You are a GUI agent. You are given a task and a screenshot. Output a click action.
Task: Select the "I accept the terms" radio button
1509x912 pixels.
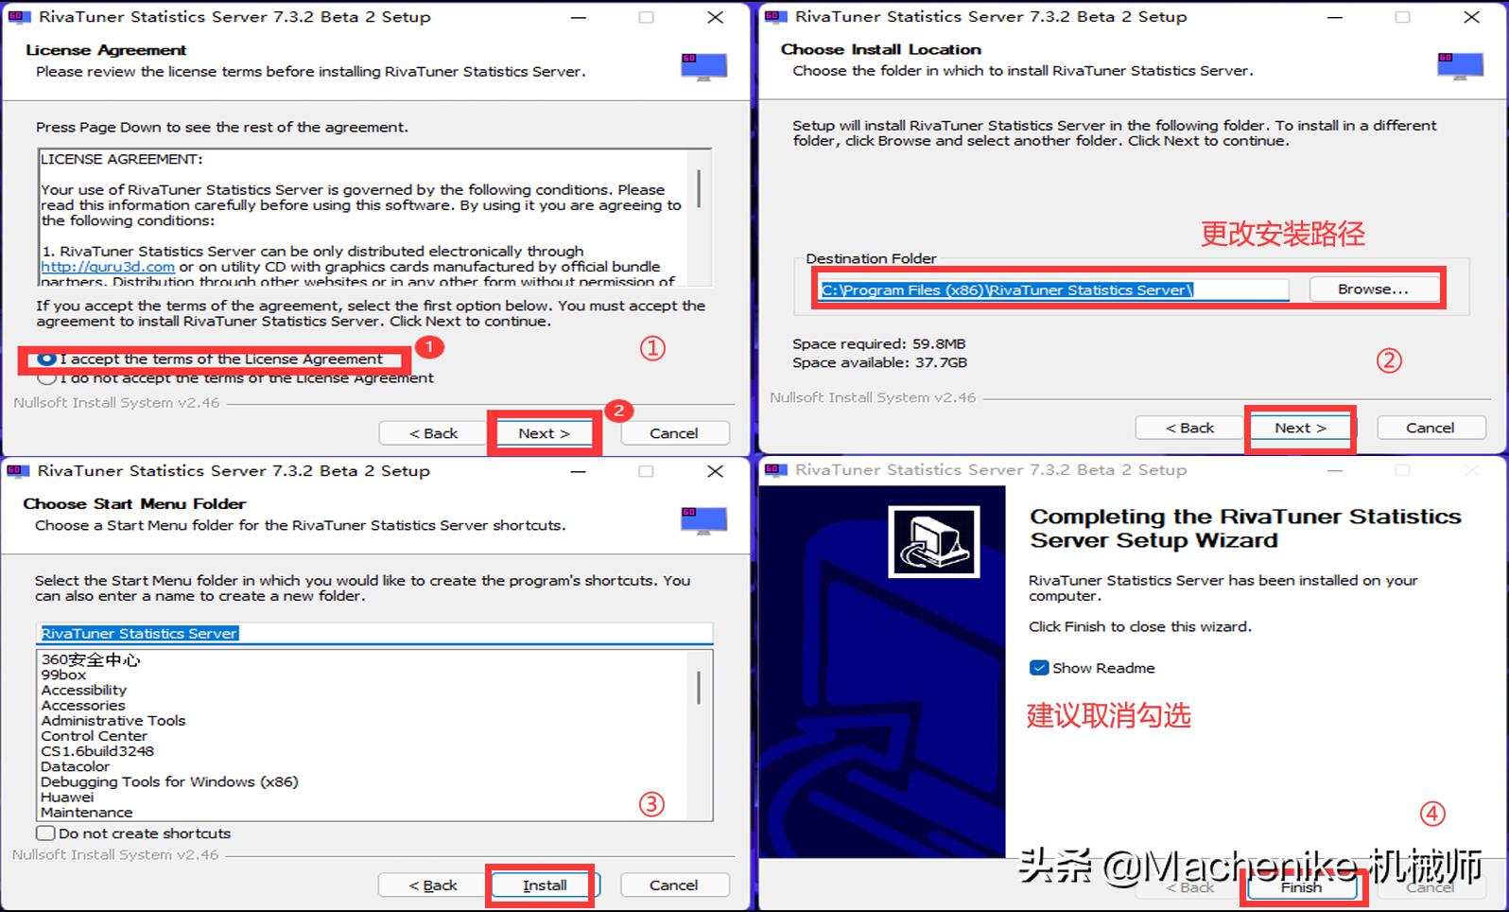tap(46, 360)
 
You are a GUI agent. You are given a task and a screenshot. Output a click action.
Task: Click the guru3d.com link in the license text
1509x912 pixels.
tap(107, 267)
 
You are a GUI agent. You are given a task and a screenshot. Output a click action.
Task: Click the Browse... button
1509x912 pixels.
tap(1372, 289)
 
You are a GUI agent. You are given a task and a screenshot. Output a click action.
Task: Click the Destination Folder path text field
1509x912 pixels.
tap(1052, 290)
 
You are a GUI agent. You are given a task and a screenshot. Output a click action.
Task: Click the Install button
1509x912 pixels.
tap(545, 886)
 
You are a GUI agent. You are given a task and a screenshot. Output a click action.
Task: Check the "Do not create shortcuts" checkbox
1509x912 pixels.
tap(45, 833)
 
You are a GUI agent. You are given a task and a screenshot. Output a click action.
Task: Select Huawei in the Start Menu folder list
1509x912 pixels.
tap(67, 797)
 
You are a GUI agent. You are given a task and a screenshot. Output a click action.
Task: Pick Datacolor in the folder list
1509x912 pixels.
tap(75, 766)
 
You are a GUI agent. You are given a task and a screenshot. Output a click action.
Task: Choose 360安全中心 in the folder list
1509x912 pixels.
tap(90, 659)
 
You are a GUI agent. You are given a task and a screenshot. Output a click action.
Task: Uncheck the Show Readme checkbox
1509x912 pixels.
tap(1039, 668)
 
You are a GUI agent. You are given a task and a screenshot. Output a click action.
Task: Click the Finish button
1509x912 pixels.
tap(1301, 887)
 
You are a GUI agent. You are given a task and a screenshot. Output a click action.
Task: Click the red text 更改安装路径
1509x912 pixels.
tap(1282, 234)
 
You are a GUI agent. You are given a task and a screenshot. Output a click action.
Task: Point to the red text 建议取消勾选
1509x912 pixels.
tap(1108, 715)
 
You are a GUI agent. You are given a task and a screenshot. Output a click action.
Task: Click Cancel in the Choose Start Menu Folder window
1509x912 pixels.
tap(673, 886)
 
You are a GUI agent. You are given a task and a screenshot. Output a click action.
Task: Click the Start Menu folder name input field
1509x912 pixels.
tap(374, 633)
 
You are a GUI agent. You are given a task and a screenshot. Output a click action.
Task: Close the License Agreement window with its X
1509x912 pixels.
tap(716, 17)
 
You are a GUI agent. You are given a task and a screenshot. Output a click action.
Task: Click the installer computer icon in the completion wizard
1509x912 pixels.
tap(933, 541)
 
